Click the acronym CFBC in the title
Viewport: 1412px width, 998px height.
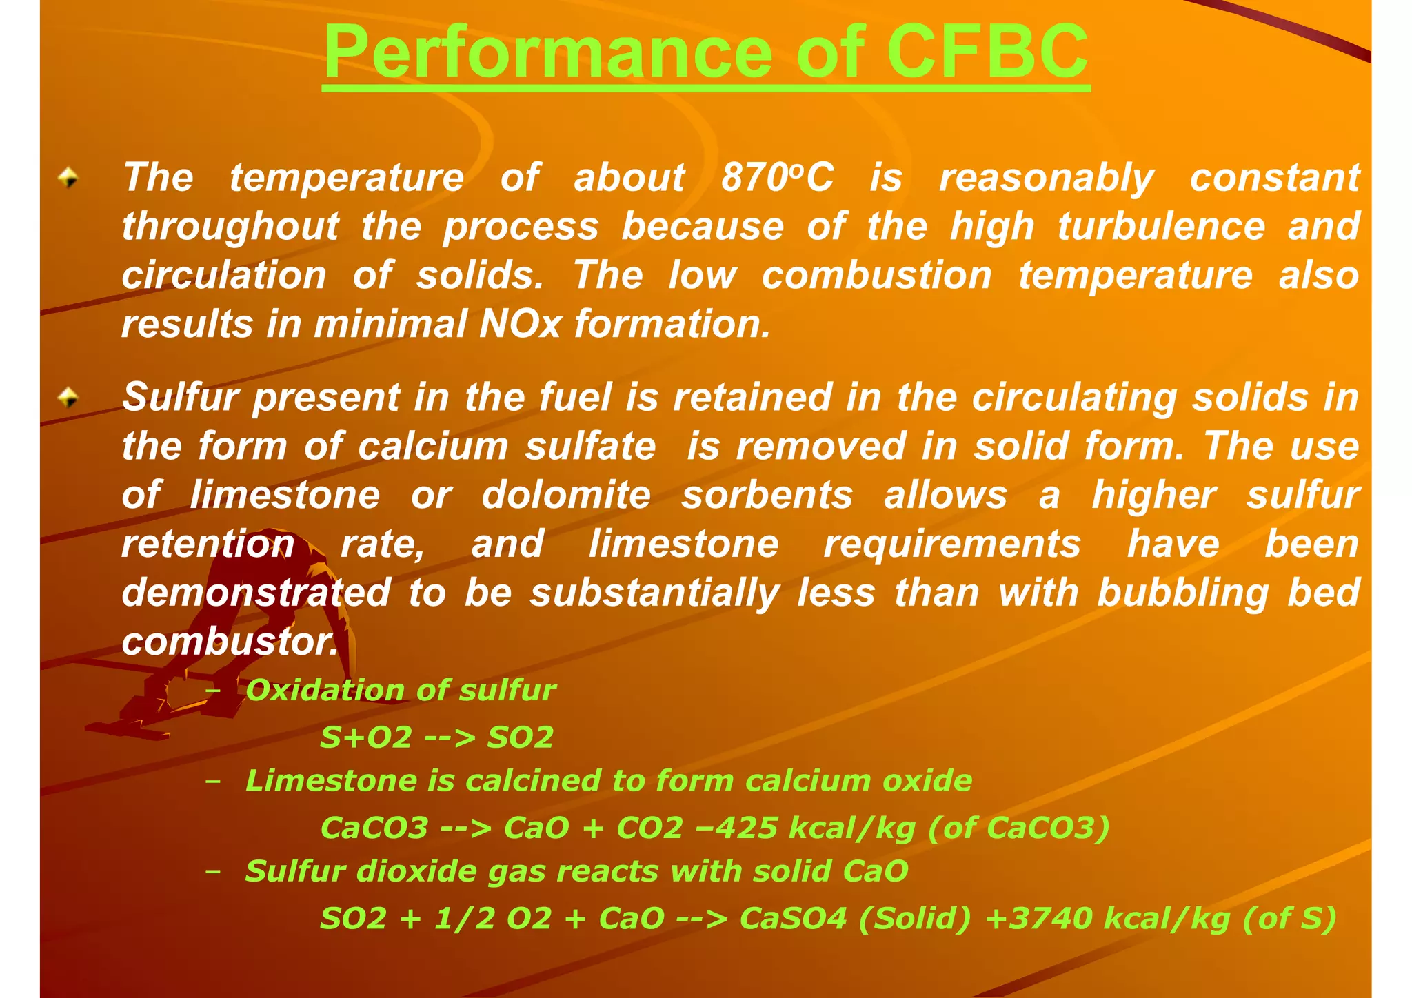987,52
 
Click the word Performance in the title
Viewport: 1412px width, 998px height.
548,52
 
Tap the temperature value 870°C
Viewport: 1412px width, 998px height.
777,178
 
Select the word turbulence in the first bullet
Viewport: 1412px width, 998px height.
1161,227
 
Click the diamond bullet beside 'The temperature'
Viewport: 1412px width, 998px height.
68,179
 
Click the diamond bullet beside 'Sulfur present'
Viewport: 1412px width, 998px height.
68,397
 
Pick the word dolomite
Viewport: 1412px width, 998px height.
566,495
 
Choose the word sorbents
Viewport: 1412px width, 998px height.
767,495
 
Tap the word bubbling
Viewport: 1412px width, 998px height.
1182,593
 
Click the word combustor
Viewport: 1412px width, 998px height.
230,642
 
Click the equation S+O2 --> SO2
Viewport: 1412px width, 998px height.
436,737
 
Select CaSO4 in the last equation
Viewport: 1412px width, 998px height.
793,918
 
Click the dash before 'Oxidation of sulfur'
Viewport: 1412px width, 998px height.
213,691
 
